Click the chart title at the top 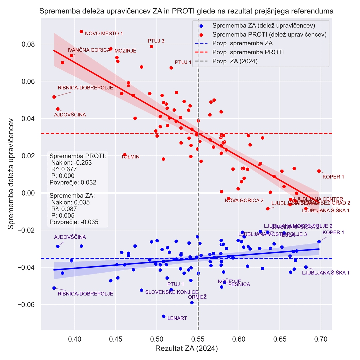(186, 11)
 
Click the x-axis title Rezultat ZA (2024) (186, 349)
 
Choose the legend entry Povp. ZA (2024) (235, 61)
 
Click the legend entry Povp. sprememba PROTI (248, 52)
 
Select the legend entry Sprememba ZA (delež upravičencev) (264, 25)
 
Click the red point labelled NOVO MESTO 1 (81, 32)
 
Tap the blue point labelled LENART (164, 316)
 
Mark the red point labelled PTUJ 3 (152, 46)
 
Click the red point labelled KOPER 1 (319, 171)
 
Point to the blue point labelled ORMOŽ (192, 303)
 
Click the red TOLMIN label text (130, 157)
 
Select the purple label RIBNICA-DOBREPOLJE (85, 294)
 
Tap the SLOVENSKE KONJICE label (172, 292)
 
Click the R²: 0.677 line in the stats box (67, 169)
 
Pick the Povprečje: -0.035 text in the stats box (74, 222)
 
